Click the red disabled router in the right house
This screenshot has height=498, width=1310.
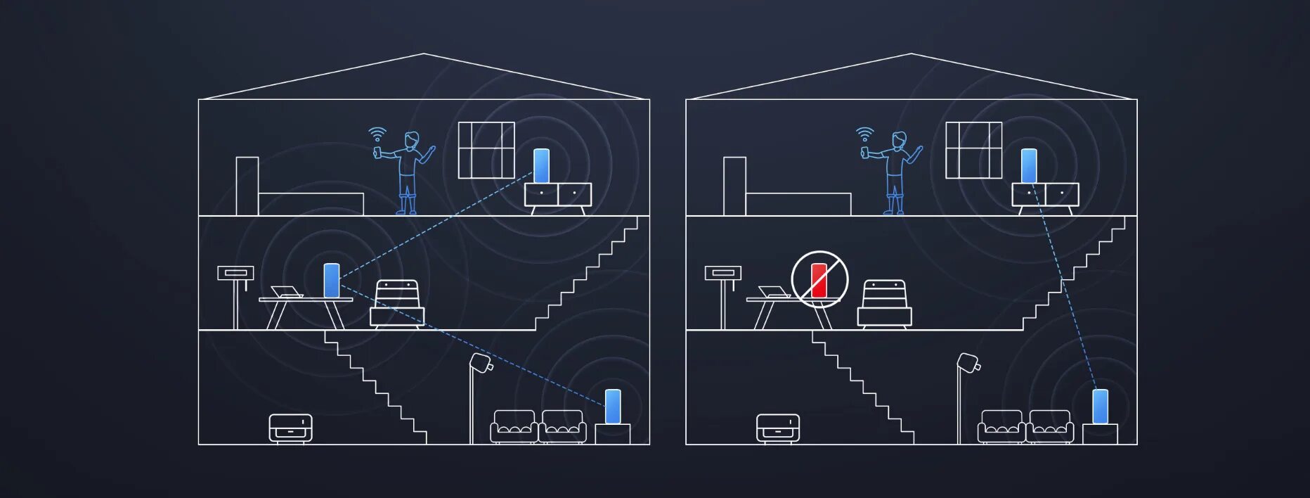(x=819, y=280)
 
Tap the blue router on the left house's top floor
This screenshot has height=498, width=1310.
(x=541, y=166)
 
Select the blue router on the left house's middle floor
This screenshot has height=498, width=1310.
(x=331, y=280)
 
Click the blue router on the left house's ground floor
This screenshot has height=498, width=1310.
(x=613, y=407)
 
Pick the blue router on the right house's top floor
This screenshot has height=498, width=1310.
(x=1029, y=166)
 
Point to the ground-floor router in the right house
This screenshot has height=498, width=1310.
(x=1100, y=407)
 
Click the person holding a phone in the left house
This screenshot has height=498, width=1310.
(x=407, y=173)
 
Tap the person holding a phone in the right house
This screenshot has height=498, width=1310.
(x=895, y=173)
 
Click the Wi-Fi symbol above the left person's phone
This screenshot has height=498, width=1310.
(x=377, y=134)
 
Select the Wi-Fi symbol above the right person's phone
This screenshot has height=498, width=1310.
(x=865, y=134)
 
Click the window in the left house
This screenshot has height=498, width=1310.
(x=486, y=150)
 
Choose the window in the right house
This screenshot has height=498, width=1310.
(x=973, y=150)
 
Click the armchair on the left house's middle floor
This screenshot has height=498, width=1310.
(x=397, y=304)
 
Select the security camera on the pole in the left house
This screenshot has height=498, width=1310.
(x=481, y=363)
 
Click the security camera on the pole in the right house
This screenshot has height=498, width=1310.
(x=968, y=363)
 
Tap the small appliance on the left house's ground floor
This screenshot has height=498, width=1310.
(x=290, y=427)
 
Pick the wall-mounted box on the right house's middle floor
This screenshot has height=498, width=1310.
(x=722, y=274)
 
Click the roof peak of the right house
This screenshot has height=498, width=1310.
(x=911, y=54)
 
